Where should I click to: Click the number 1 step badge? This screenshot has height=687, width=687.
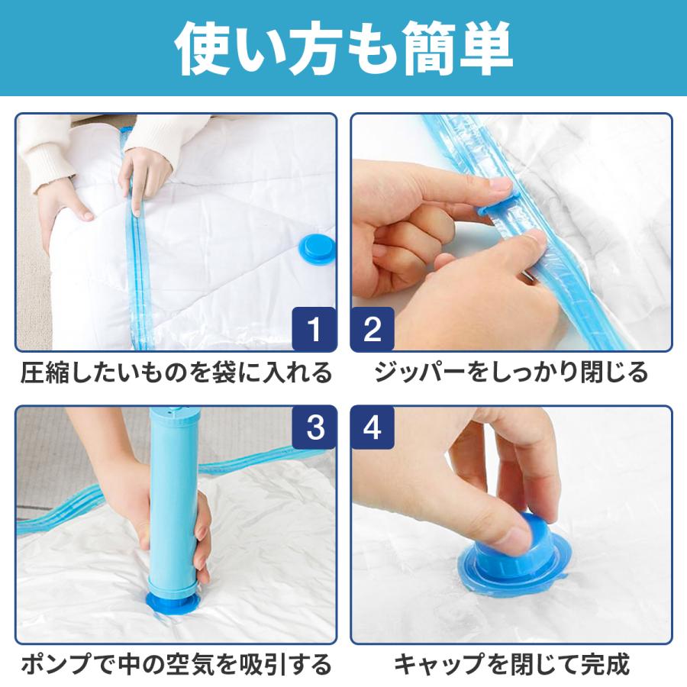314,328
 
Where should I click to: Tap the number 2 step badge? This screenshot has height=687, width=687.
373,328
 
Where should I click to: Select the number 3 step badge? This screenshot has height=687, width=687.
314,427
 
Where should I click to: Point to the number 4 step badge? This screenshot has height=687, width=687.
373,427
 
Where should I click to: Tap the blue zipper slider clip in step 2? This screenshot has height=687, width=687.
499,204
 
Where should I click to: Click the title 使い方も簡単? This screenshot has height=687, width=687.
343,48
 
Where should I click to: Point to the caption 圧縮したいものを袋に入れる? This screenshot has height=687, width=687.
176,373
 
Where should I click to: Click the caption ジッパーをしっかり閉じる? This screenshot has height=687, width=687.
511,373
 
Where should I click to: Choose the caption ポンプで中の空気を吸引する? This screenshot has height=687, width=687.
176,664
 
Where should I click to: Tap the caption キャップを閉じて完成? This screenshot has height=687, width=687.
511,664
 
